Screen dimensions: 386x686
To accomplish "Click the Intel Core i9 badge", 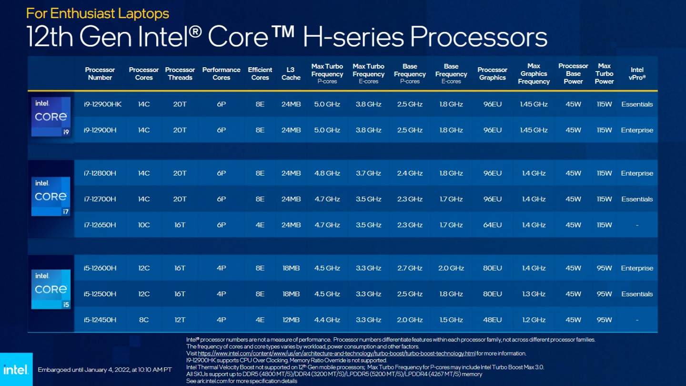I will (x=51, y=117).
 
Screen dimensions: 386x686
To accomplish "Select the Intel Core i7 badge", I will (x=51, y=196).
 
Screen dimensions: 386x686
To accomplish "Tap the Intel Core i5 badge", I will (x=51, y=289).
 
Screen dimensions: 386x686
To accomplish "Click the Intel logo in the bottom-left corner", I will (x=16, y=369).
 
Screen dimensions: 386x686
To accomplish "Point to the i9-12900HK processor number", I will (x=102, y=104).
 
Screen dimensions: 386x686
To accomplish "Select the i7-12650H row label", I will (x=100, y=225).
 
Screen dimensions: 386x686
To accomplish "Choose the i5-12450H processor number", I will (x=100, y=320).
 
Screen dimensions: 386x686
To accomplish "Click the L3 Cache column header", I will (x=291, y=73).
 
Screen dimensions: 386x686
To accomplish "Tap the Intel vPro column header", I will (x=637, y=73).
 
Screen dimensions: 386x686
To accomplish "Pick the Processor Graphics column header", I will (x=492, y=73).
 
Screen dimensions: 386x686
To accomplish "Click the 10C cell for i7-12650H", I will (x=144, y=225).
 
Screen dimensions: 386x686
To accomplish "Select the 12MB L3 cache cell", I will (x=291, y=320).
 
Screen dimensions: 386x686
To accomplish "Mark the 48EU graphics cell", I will (x=492, y=320).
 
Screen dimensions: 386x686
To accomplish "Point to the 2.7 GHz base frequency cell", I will (x=410, y=268).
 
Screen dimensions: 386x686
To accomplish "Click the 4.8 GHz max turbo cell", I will (x=327, y=173).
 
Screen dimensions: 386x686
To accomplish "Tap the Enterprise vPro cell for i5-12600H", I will (x=637, y=268).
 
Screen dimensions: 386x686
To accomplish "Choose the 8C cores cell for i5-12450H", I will (x=144, y=320).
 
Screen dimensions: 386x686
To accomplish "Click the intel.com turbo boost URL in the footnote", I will (x=337, y=354).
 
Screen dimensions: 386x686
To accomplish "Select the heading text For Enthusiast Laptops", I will (x=98, y=13).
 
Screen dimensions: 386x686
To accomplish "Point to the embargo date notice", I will (x=105, y=369).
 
